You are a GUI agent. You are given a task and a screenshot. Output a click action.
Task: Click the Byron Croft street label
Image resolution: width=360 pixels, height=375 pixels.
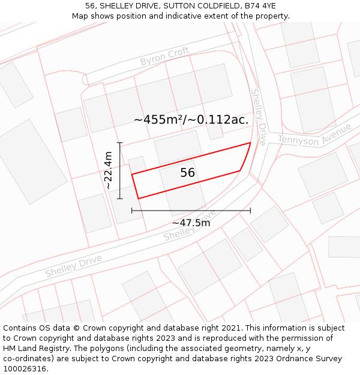coord(164,57)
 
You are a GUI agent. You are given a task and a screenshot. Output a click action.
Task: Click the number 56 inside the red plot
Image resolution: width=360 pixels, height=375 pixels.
coord(188,173)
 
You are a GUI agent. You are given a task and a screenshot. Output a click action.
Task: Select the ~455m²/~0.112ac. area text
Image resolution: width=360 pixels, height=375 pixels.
coord(191,120)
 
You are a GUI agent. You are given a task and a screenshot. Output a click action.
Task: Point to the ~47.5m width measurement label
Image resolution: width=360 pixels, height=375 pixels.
coord(191,223)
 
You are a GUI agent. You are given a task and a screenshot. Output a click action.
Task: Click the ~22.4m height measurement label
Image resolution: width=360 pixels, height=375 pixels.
coord(109,170)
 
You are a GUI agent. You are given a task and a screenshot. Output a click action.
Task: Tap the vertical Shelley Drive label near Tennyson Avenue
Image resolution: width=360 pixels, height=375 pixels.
coord(258,117)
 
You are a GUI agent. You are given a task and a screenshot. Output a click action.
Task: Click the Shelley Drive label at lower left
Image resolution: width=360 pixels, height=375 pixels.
coord(73,266)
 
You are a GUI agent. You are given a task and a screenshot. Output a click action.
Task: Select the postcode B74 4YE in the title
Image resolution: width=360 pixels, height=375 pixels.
coord(257,6)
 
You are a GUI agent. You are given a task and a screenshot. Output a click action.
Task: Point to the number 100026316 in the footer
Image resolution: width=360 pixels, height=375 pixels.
coord(24,368)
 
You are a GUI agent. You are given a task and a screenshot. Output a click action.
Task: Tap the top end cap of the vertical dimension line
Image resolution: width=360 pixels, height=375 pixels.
coord(120,143)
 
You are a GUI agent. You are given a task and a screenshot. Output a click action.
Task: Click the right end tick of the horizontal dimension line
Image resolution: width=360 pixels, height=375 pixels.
coord(250,211)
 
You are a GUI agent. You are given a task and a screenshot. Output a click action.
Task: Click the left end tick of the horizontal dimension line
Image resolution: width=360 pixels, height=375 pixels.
coord(132,211)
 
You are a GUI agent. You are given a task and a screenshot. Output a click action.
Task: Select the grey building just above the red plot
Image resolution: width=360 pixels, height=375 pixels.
coord(178,146)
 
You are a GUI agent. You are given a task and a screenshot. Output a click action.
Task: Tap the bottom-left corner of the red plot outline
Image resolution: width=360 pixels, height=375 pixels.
coord(139,198)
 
